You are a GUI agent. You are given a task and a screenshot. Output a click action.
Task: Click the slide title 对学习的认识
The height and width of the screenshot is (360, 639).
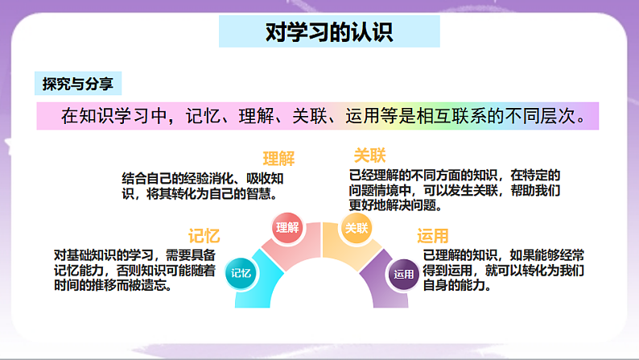pyautogui.click(x=329, y=31)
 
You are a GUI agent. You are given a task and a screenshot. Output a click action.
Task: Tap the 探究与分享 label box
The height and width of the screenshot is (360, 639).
pyautogui.click(x=78, y=84)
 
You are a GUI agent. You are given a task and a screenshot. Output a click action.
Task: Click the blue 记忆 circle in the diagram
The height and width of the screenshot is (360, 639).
pyautogui.click(x=241, y=273)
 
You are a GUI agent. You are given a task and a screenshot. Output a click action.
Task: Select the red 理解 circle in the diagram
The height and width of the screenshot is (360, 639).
pyautogui.click(x=287, y=227)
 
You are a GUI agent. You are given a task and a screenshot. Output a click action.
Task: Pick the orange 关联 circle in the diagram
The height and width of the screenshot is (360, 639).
pyautogui.click(x=357, y=227)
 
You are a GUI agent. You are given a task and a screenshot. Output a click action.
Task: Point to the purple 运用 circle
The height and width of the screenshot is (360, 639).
pyautogui.click(x=403, y=275)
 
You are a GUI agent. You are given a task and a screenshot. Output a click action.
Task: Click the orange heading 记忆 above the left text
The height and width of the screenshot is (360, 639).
pyautogui.click(x=204, y=236)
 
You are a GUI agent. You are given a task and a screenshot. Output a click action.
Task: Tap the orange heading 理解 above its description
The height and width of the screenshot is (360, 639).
pyautogui.click(x=278, y=159)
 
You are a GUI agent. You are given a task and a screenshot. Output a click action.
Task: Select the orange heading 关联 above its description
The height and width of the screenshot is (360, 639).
pyautogui.click(x=369, y=155)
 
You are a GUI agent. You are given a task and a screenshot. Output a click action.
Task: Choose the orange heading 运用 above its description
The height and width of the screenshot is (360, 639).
pyautogui.click(x=433, y=236)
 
